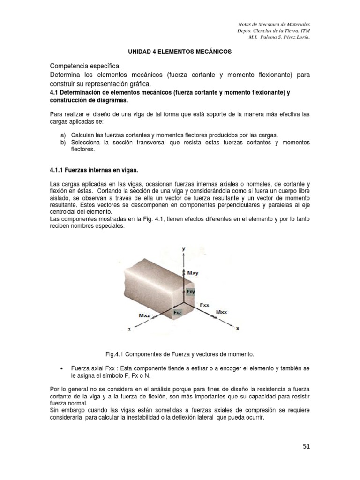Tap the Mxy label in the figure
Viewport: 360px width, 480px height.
pyautogui.click(x=193, y=272)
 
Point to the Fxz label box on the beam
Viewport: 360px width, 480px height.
pyautogui.click(x=177, y=312)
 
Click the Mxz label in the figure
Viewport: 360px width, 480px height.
pyautogui.click(x=145, y=316)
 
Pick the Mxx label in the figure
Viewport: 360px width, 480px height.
pyautogui.click(x=222, y=312)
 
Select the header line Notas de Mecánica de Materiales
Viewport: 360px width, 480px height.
pyautogui.click(x=275, y=24)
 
